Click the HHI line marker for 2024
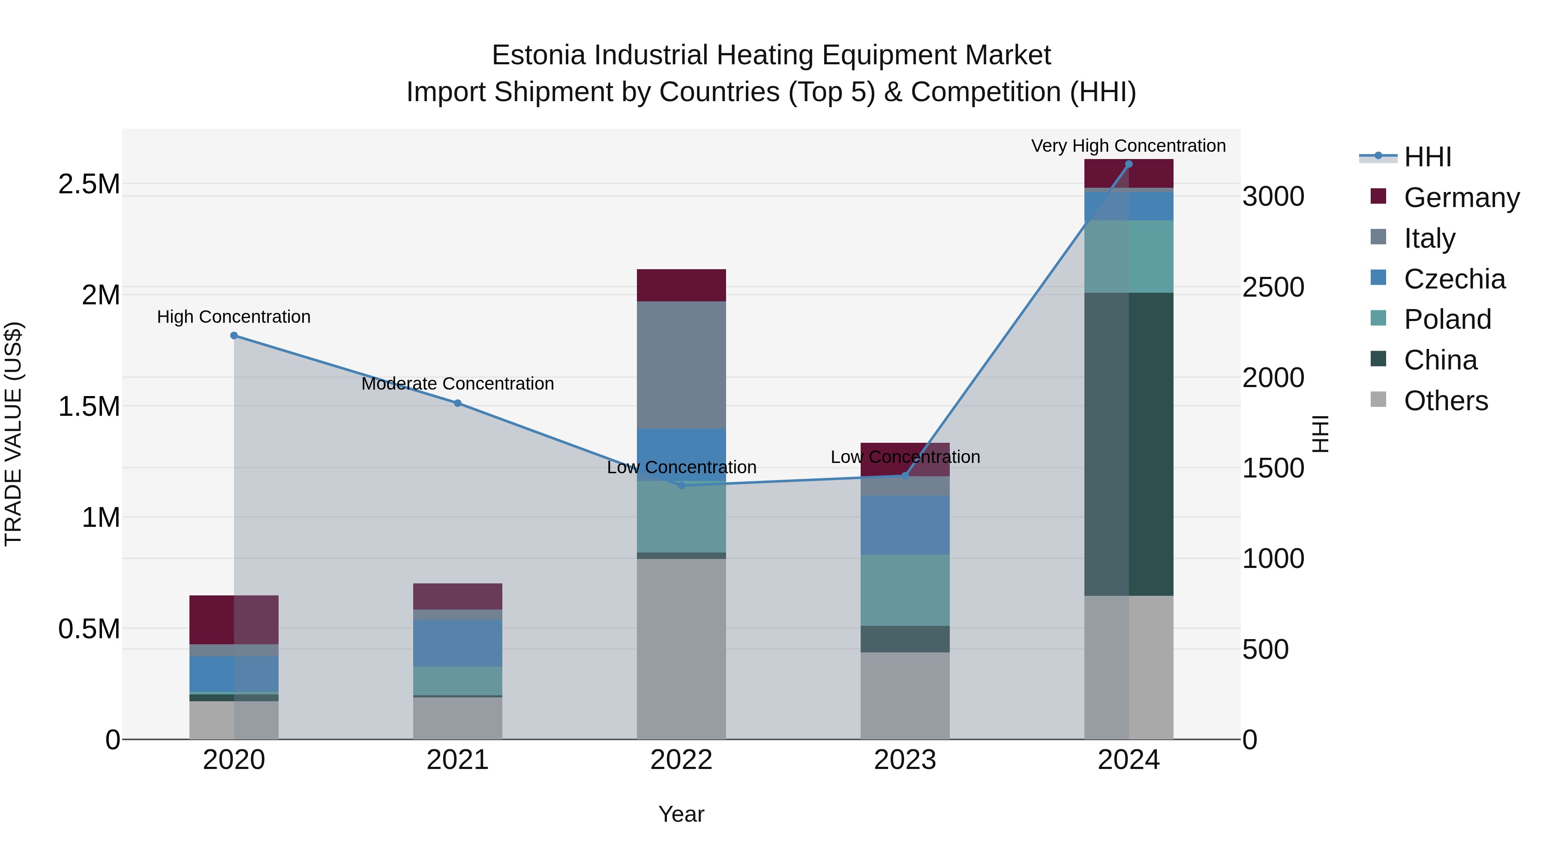tap(1129, 164)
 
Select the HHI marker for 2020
tap(234, 336)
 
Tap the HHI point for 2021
tap(458, 403)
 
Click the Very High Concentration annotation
tap(1128, 146)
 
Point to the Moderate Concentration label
tap(458, 383)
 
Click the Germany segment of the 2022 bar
tap(681, 285)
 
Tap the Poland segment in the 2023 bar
tap(905, 590)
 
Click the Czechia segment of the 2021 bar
tap(458, 643)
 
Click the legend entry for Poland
tap(1447, 319)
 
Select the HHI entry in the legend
tap(1427, 157)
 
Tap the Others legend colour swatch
tap(1378, 399)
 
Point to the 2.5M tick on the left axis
tap(89, 184)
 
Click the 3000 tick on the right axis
tap(1273, 196)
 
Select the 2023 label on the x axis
tap(905, 760)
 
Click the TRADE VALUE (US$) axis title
tap(13, 434)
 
